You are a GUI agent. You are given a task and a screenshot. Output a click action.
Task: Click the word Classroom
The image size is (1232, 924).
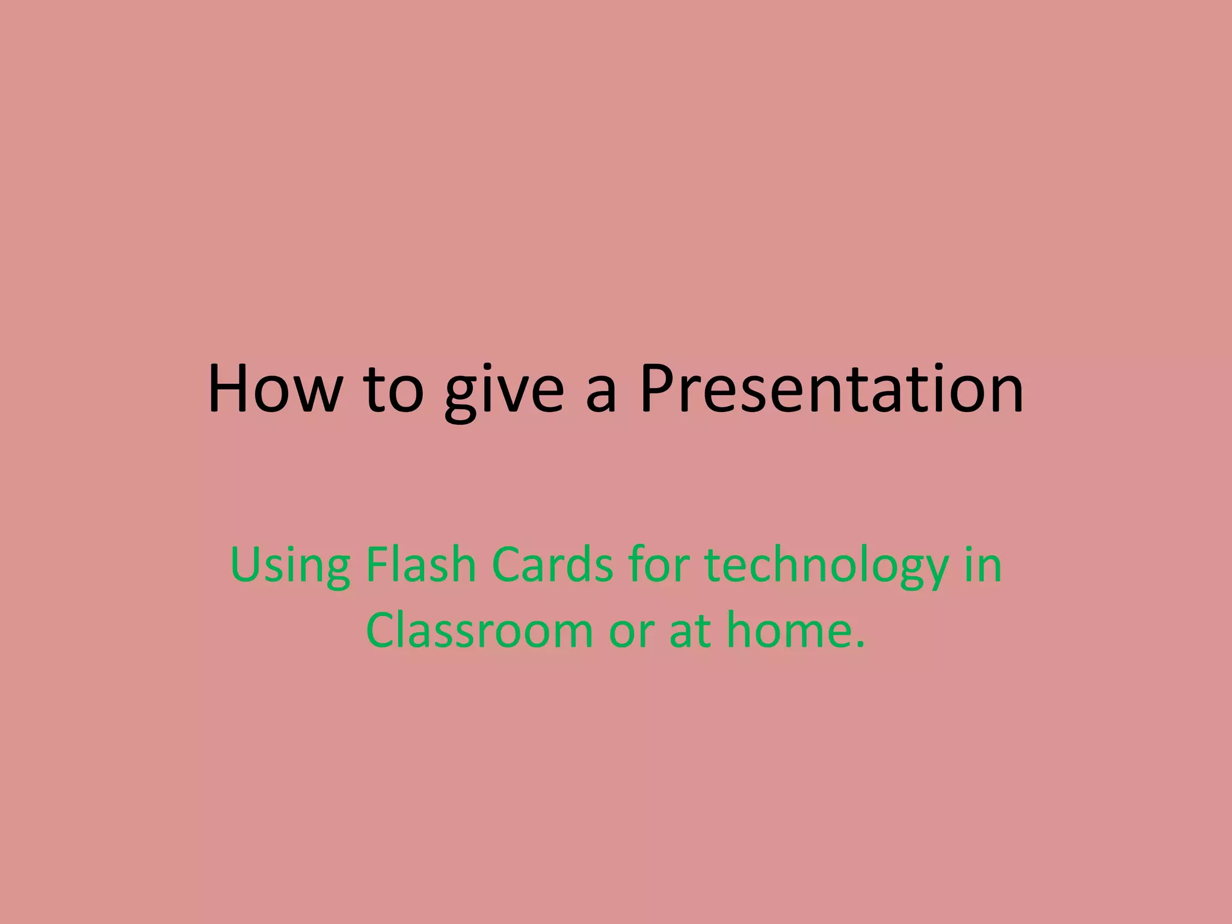(x=479, y=630)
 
